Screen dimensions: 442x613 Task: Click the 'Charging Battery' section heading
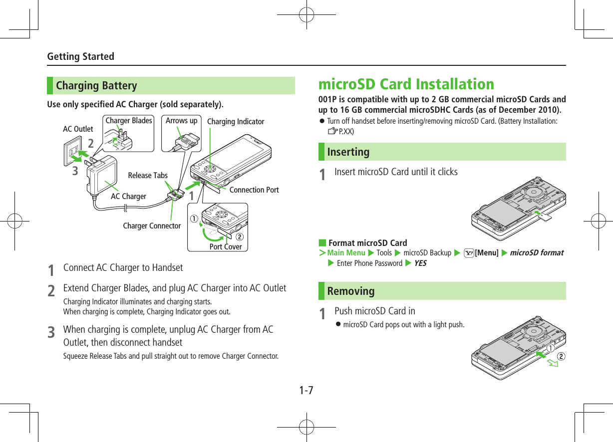[x=96, y=86]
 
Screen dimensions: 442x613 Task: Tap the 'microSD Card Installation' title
[x=406, y=84]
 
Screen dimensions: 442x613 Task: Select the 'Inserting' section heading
[x=348, y=152]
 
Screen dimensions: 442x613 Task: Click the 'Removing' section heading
[x=351, y=291]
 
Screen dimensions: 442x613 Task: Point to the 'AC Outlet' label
[x=78, y=129]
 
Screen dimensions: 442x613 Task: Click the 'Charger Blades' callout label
[x=129, y=121]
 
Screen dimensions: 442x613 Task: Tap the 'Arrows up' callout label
[x=181, y=121]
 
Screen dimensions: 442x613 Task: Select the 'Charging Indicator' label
[x=236, y=122]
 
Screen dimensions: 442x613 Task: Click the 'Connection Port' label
[x=254, y=190]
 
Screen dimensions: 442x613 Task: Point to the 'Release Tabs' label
[x=148, y=176]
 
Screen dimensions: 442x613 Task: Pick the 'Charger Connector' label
[x=152, y=226]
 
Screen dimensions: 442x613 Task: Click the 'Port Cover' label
[x=226, y=247]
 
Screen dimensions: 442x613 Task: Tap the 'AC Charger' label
[x=128, y=197]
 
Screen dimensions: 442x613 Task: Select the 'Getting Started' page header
[x=80, y=56]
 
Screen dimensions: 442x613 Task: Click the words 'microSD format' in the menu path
[x=537, y=253]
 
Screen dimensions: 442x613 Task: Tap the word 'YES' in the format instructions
[x=420, y=263]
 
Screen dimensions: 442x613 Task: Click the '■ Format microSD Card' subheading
[x=363, y=243]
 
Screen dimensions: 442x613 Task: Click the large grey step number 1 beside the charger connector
[x=191, y=196]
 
